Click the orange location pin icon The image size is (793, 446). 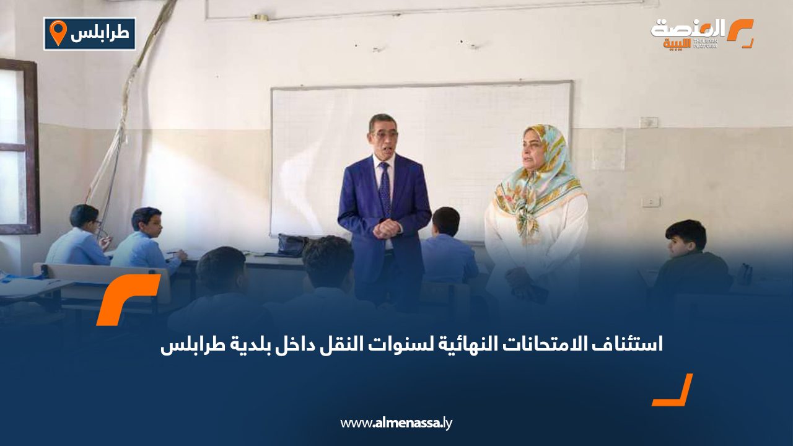pos(58,33)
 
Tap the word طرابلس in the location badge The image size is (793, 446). pos(100,34)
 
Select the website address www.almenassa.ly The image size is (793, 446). pos(396,423)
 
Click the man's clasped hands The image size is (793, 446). pos(387,228)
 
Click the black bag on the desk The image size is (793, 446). pos(291,245)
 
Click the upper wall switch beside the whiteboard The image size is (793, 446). pos(649,123)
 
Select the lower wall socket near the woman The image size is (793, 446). pos(651,202)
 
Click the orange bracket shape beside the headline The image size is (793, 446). pos(127,299)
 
